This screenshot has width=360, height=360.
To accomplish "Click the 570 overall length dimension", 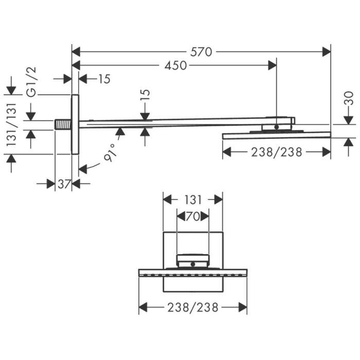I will [x=201, y=51].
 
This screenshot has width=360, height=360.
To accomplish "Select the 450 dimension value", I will [x=175, y=65].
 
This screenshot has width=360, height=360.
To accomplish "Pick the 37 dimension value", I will [x=64, y=184].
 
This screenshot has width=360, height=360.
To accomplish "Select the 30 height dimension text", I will [x=349, y=98].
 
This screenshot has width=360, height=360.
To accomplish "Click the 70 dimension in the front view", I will [x=192, y=217].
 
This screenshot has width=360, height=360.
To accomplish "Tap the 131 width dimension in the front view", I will [x=193, y=199].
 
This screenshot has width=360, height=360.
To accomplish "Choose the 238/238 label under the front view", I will [x=193, y=308].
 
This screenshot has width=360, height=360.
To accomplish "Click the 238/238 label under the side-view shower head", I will [x=277, y=152].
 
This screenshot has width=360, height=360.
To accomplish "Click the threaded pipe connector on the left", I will [x=63, y=124].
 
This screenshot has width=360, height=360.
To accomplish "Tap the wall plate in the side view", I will [x=75, y=124].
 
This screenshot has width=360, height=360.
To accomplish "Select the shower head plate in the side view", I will [x=277, y=135].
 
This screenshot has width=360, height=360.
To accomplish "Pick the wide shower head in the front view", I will [x=193, y=272].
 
